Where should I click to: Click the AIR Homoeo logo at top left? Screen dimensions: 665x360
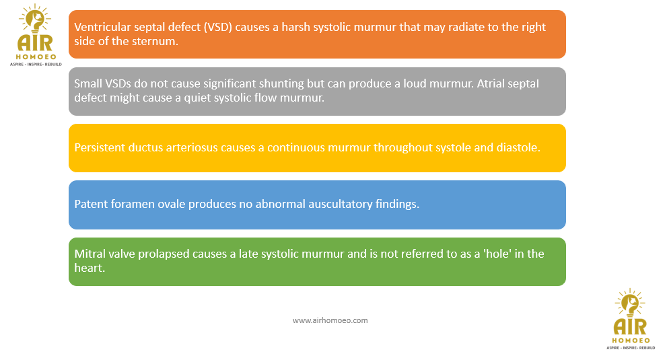click(x=36, y=35)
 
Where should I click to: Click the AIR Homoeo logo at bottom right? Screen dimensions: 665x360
click(x=631, y=319)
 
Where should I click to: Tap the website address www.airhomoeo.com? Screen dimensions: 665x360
click(x=330, y=320)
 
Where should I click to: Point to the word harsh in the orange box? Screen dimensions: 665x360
click(x=295, y=27)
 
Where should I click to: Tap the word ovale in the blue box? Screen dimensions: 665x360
click(x=172, y=205)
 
